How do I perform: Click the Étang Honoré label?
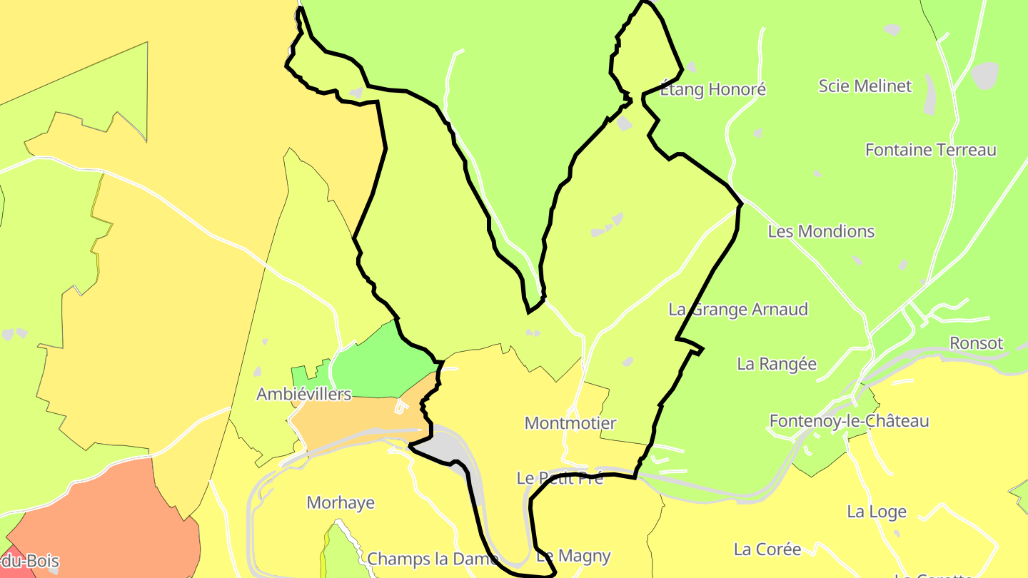pos(712,89)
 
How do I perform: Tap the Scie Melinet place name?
pos(865,86)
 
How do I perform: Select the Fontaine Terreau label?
pos(930,150)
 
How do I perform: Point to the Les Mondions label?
pos(821,231)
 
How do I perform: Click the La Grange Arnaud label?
pos(738,309)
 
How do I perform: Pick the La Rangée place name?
pos(776,363)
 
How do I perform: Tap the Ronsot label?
pos(976,343)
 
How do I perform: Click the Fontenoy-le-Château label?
pos(849,420)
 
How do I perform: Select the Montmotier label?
pos(570,423)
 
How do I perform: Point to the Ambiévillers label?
pos(304,394)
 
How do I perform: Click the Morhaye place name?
pos(341,502)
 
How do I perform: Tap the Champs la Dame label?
pos(419,558)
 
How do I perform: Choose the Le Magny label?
pos(573,555)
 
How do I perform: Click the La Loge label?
pos(876,512)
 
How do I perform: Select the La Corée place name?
pos(767,549)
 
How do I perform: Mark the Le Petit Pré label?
pos(560,478)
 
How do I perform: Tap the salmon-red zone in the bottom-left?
pos(100,521)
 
